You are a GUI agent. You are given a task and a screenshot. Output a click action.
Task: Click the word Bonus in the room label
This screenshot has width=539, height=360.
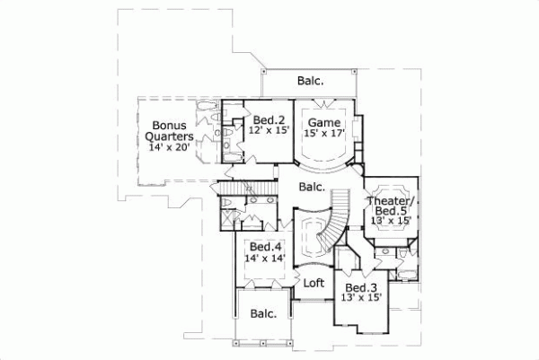pyautogui.click(x=168, y=126)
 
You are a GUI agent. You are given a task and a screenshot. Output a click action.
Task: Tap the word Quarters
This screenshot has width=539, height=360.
pyautogui.click(x=168, y=136)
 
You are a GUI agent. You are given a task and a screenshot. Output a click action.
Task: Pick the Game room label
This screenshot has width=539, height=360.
pyautogui.click(x=323, y=121)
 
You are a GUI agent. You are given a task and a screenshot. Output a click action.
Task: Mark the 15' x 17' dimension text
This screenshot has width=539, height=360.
pyautogui.click(x=323, y=132)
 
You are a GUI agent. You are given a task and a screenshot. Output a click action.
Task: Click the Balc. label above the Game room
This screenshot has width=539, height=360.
pyautogui.click(x=311, y=81)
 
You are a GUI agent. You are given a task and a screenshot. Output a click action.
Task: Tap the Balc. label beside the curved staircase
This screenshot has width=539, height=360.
pyautogui.click(x=311, y=188)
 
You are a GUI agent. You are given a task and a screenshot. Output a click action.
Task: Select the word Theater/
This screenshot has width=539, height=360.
pyautogui.click(x=388, y=201)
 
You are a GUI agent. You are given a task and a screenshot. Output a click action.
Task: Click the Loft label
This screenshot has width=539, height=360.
pyautogui.click(x=313, y=282)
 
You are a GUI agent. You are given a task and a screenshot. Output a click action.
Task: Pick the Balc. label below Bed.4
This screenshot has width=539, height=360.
pyautogui.click(x=263, y=314)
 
